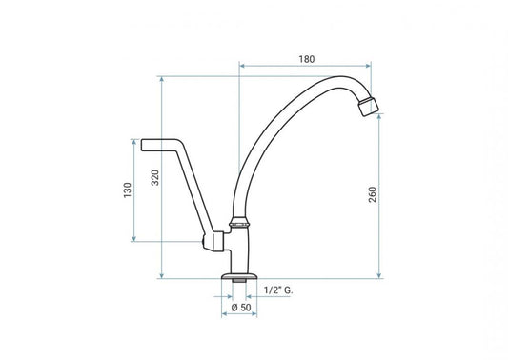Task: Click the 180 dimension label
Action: (307, 59)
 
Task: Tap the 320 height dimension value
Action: (156, 178)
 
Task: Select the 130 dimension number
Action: (128, 190)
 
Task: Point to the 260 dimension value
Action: (373, 194)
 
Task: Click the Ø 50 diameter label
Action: (241, 308)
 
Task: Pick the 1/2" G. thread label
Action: (278, 290)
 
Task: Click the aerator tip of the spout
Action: (368, 106)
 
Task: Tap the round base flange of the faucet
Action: (239, 276)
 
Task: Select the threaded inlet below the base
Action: (239, 281)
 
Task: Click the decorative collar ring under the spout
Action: (239, 223)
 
